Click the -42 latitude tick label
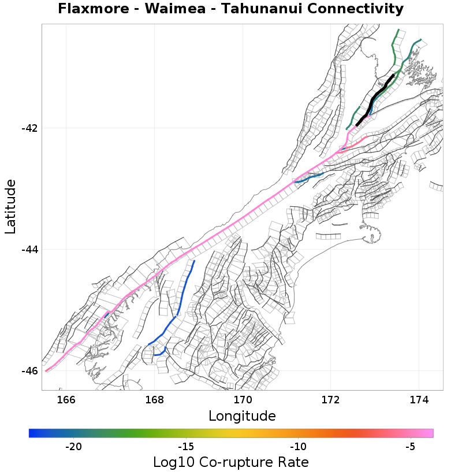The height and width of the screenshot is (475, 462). click(29, 128)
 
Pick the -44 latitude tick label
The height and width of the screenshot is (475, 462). click(29, 250)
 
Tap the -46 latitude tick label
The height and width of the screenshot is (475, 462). click(29, 371)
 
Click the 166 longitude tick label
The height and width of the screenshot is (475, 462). click(66, 400)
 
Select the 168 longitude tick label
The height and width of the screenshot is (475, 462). click(154, 400)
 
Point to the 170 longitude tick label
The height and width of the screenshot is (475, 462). click(243, 400)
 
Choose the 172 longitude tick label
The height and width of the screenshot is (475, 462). click(330, 400)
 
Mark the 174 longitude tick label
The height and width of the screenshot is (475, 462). click(418, 400)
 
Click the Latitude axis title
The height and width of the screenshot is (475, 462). click(10, 206)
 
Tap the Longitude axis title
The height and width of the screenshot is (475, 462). click(242, 416)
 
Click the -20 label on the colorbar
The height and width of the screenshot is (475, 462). click(73, 447)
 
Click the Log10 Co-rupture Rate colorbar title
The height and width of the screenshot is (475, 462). click(230, 462)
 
